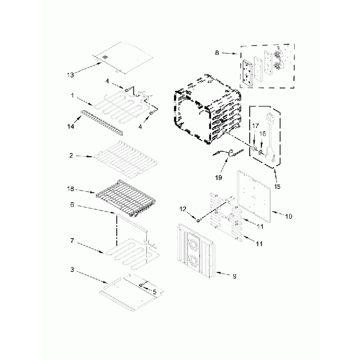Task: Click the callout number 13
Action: point(69,74)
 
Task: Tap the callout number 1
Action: point(73,95)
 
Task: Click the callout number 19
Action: point(218,178)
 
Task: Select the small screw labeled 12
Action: point(198,220)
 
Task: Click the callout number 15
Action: point(276,187)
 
